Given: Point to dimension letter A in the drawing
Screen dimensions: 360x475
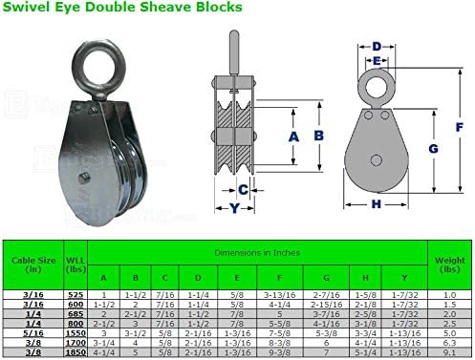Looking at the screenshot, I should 293,136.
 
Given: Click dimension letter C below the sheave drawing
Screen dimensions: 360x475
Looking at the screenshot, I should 244,189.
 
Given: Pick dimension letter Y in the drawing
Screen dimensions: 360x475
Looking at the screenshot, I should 232,207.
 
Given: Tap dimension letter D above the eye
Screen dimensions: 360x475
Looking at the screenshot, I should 377,46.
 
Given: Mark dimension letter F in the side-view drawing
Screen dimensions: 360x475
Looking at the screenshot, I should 461,125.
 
